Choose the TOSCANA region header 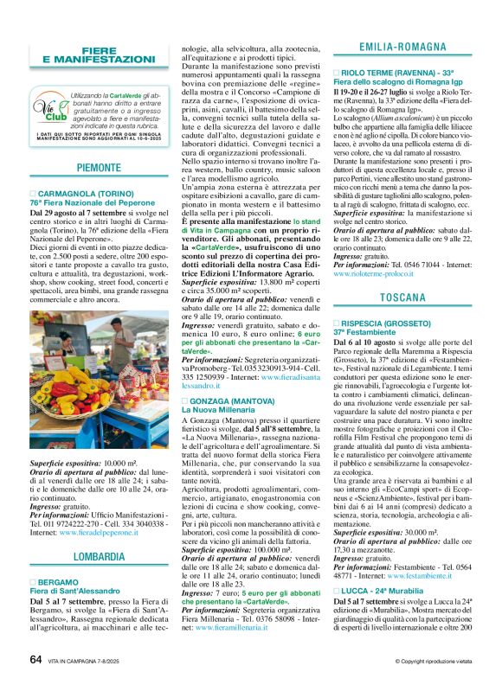(402, 298)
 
